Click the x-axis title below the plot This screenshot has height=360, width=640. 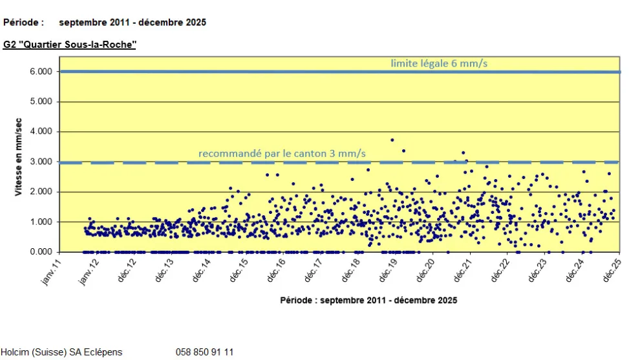(x=368, y=301)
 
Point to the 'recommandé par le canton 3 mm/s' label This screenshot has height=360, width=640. (x=282, y=154)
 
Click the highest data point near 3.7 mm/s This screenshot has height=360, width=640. (x=392, y=140)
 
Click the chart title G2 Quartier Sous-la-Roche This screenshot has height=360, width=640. (x=69, y=45)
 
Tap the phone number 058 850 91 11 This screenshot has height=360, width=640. (x=204, y=352)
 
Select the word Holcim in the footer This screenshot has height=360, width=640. (x=14, y=352)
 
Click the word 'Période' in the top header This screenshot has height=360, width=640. (x=23, y=22)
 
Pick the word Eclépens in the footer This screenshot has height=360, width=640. (x=103, y=352)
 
